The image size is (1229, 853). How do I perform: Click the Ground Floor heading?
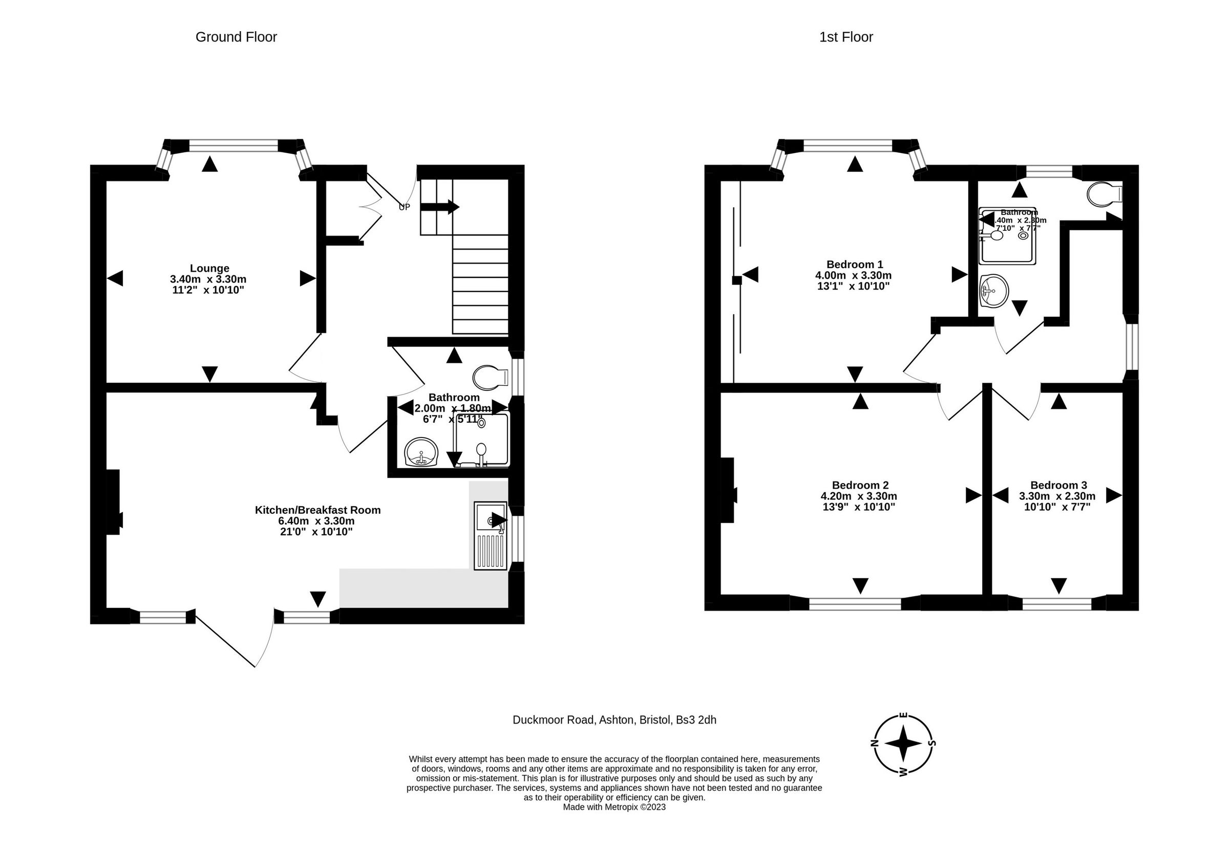[x=236, y=37]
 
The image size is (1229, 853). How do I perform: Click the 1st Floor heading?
[x=845, y=37]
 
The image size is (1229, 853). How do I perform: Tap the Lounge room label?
[x=209, y=268]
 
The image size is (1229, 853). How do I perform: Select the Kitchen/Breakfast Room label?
[x=317, y=510]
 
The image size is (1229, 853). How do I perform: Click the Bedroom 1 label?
[x=854, y=264]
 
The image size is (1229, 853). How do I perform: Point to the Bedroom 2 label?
[x=860, y=485]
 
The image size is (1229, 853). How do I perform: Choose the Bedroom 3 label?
[x=1058, y=485]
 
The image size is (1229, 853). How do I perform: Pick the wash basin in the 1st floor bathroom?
[x=993, y=291]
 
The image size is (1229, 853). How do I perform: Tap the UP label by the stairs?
[x=405, y=207]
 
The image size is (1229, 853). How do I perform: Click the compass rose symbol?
[x=903, y=743]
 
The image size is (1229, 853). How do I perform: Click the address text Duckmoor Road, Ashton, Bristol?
[x=614, y=720]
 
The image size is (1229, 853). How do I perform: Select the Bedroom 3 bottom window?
[x=1056, y=603]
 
